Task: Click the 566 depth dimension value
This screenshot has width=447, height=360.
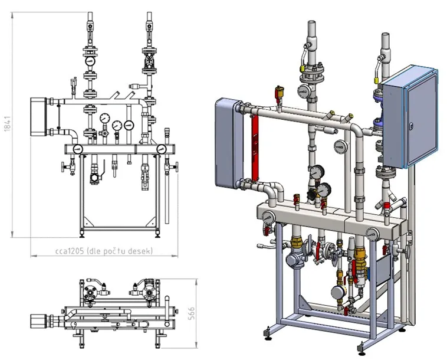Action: coord(192,313)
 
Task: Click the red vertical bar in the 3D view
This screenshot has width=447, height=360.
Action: coord(255,148)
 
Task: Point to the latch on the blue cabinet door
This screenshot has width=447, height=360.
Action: coord(410,126)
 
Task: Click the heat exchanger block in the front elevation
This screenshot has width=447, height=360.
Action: coord(38,117)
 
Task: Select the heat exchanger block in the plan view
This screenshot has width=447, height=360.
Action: coord(38,321)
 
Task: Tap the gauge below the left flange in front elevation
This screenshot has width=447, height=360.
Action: coord(90,60)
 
